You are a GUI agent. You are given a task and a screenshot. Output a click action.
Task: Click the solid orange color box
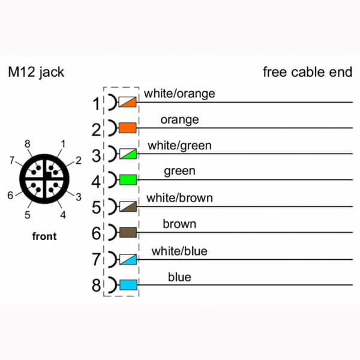tap(128, 128)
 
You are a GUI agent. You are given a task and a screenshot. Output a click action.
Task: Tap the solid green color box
tap(128, 179)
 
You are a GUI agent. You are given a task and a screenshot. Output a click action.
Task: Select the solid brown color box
tap(128, 232)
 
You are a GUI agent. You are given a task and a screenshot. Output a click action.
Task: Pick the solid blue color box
tap(128, 285)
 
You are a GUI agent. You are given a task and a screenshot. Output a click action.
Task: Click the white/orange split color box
tap(127, 102)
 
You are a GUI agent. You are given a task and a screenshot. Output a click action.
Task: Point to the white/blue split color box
tap(128, 259)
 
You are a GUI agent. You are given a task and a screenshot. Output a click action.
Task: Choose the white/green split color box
tap(128, 154)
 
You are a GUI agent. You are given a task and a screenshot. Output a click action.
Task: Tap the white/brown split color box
tap(128, 206)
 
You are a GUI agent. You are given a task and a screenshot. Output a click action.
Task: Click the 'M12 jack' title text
tap(36, 73)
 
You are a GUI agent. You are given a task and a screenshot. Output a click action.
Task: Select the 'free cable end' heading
tap(307, 72)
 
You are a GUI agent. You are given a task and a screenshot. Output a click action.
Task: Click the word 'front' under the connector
tap(44, 236)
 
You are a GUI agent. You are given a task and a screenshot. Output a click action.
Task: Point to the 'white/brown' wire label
tap(179, 198)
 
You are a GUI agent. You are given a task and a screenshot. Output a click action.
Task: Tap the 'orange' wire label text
tap(179, 120)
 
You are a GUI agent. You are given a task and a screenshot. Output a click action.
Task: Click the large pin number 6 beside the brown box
tap(96, 233)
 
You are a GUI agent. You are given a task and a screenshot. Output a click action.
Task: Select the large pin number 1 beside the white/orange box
tap(96, 104)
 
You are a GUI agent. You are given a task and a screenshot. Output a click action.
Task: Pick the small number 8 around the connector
tap(28, 144)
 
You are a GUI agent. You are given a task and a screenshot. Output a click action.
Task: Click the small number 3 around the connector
tap(79, 197)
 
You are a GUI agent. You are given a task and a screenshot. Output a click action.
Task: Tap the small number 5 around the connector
tap(28, 215)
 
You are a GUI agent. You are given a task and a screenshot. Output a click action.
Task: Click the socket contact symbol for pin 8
tap(113, 285)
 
